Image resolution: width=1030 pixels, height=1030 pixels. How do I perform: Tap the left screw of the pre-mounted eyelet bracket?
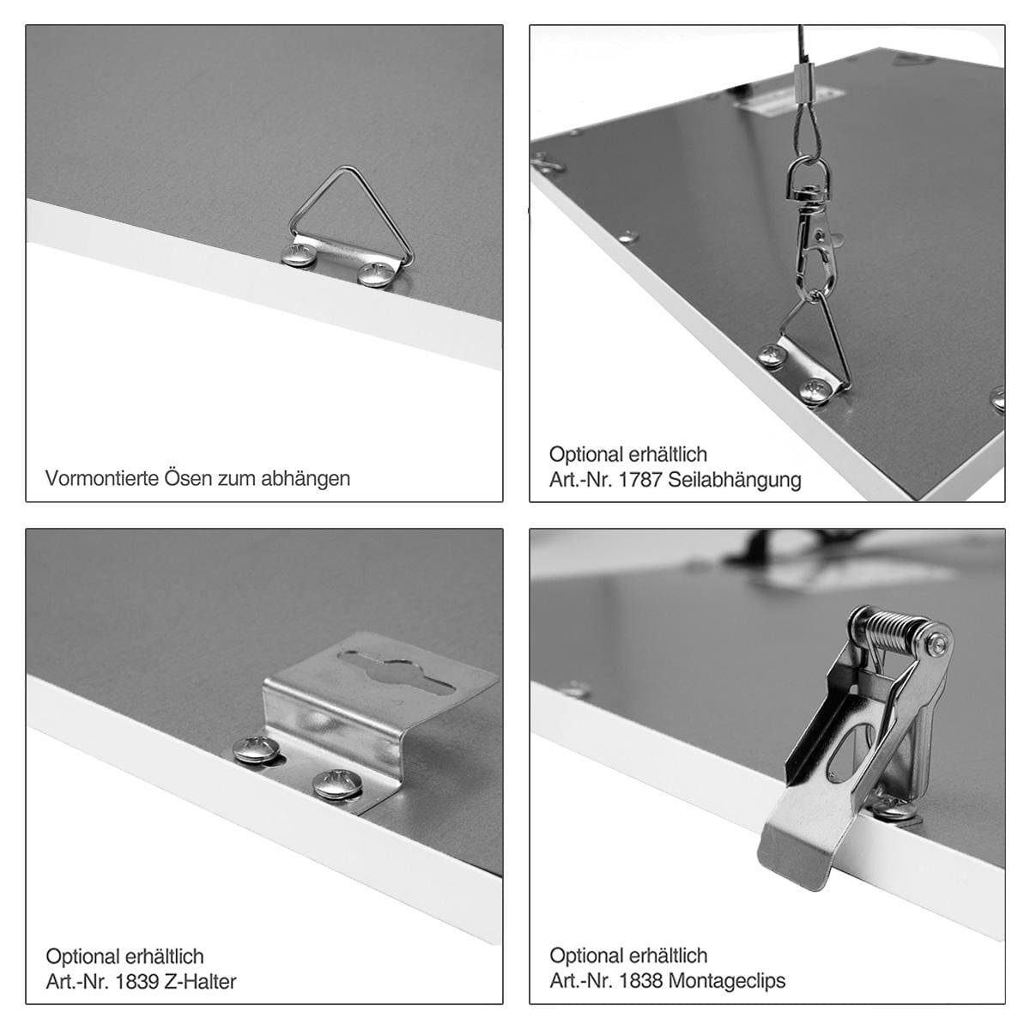pos(299,256)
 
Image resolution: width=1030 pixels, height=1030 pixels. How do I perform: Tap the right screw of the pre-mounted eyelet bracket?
pos(376,274)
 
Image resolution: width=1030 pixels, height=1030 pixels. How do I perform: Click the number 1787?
pos(640,480)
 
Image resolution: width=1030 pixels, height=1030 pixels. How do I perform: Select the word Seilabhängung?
pos(735,480)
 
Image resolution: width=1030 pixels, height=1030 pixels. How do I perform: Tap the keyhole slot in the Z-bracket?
pos(395,673)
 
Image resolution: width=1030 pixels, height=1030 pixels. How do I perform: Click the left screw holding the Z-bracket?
pos(256,749)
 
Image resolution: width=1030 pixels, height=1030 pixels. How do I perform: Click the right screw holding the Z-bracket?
pos(337,785)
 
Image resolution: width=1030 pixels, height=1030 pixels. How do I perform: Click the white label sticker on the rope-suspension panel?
pos(790,101)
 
